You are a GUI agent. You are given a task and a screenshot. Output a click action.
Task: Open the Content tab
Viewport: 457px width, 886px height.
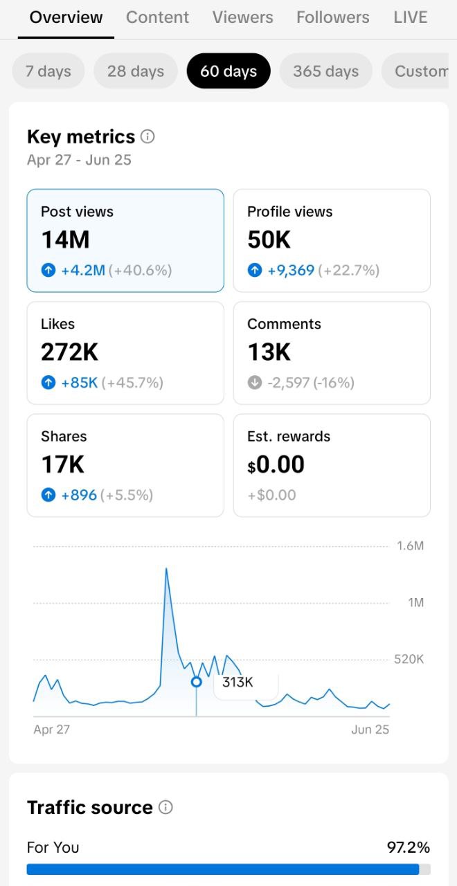pos(157,17)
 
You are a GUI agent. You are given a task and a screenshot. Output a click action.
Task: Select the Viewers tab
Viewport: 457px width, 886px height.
pos(242,17)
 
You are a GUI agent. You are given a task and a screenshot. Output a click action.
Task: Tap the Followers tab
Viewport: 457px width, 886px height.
pos(333,17)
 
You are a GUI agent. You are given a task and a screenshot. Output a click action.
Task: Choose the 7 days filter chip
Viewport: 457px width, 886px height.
pos(48,71)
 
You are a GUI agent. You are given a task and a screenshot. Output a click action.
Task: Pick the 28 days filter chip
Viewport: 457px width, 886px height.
pos(136,71)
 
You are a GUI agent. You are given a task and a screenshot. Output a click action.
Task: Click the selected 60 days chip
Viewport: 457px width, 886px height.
pos(228,71)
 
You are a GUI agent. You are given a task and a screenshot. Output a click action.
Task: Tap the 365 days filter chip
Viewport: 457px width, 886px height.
pos(325,71)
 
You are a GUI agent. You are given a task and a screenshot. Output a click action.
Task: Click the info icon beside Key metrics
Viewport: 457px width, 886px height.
pos(147,136)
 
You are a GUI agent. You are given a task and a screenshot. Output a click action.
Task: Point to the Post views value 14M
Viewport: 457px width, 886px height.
pos(65,239)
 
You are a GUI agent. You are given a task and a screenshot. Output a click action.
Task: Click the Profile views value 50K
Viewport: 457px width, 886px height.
pos(269,239)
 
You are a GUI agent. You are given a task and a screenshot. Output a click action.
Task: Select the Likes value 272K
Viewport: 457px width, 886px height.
pos(69,352)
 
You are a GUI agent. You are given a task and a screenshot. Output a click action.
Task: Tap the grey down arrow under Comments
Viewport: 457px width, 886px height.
pos(255,383)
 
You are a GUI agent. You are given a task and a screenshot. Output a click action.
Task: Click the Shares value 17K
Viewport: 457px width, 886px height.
pos(62,464)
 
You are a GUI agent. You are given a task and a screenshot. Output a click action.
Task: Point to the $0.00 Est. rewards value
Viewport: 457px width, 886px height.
pos(276,464)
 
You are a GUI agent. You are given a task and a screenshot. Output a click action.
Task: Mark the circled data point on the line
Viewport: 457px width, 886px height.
pos(196,682)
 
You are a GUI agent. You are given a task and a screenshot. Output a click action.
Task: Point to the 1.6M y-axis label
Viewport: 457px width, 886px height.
pos(410,546)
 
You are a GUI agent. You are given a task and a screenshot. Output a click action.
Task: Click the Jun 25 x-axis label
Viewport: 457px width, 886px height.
pos(370,730)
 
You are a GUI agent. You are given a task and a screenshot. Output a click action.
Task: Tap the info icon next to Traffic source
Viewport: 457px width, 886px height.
pos(165,807)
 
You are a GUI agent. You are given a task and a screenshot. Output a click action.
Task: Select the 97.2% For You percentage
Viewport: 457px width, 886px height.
pos(409,847)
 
